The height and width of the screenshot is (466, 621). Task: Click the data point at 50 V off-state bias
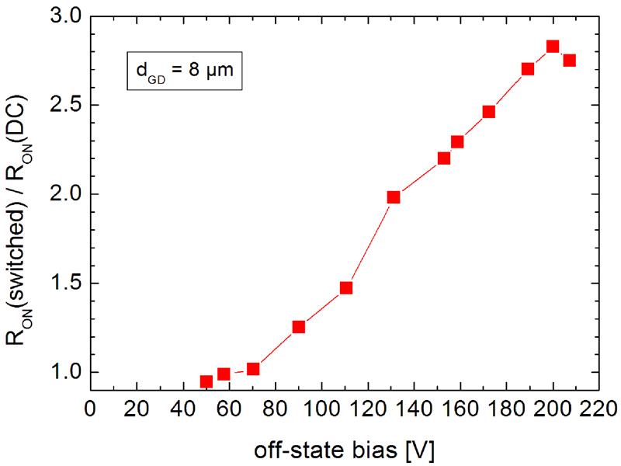point(206,381)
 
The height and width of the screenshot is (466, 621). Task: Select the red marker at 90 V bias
point(299,327)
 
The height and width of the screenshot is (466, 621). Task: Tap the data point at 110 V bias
point(346,288)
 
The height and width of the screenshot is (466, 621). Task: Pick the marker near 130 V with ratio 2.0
point(394,197)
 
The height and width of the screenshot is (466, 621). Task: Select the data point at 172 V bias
point(489,112)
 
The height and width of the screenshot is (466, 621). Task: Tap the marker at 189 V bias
point(528,69)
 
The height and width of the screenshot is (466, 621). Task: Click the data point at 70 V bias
point(253,369)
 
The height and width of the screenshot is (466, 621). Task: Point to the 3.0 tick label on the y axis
point(64,17)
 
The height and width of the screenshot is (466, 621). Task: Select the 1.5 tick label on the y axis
point(64,283)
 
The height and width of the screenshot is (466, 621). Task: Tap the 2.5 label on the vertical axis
point(64,106)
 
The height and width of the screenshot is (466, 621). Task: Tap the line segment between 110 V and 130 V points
point(370,242)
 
